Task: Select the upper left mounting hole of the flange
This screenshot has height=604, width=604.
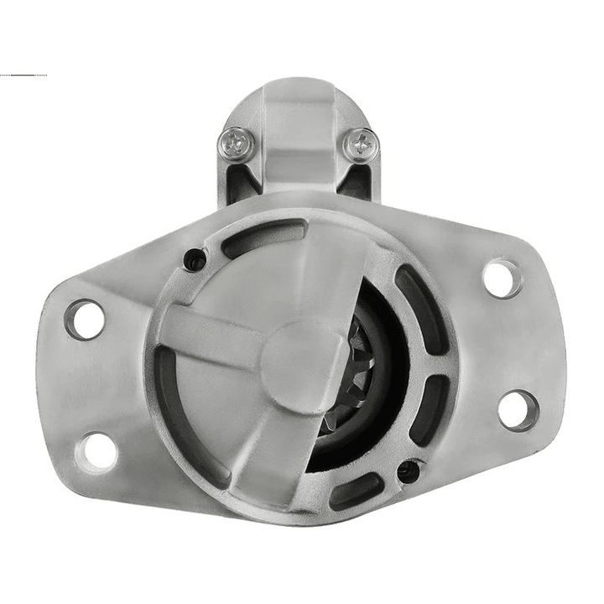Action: pyautogui.click(x=85, y=320)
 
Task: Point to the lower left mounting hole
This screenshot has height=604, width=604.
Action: pyautogui.click(x=98, y=450)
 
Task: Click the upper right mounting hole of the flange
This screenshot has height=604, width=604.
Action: pyautogui.click(x=502, y=279)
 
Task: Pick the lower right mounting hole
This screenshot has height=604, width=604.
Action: pyautogui.click(x=518, y=409)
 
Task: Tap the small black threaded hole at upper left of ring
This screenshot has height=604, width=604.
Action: pyautogui.click(x=195, y=260)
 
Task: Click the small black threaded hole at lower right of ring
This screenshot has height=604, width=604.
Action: pyautogui.click(x=409, y=471)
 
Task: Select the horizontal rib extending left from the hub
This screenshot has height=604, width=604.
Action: pyautogui.click(x=210, y=336)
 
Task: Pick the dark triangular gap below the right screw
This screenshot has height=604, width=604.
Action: pyautogui.click(x=357, y=180)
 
